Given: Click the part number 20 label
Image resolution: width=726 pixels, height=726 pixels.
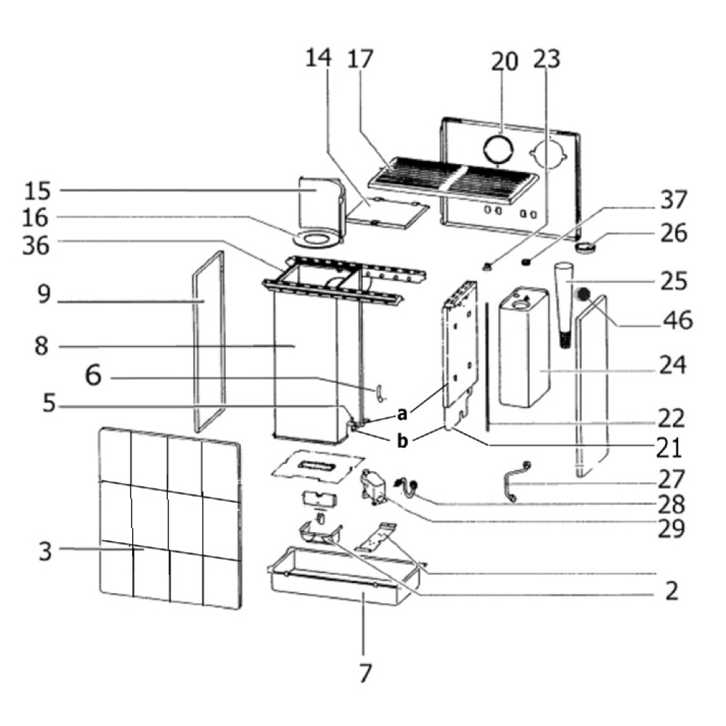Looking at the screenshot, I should point(505,61).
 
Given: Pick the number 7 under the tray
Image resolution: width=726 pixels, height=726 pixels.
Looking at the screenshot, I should point(365,673).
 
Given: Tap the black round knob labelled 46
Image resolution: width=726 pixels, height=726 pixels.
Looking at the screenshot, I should point(583,293).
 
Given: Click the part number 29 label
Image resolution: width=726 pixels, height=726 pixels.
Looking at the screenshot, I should point(672,529).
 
